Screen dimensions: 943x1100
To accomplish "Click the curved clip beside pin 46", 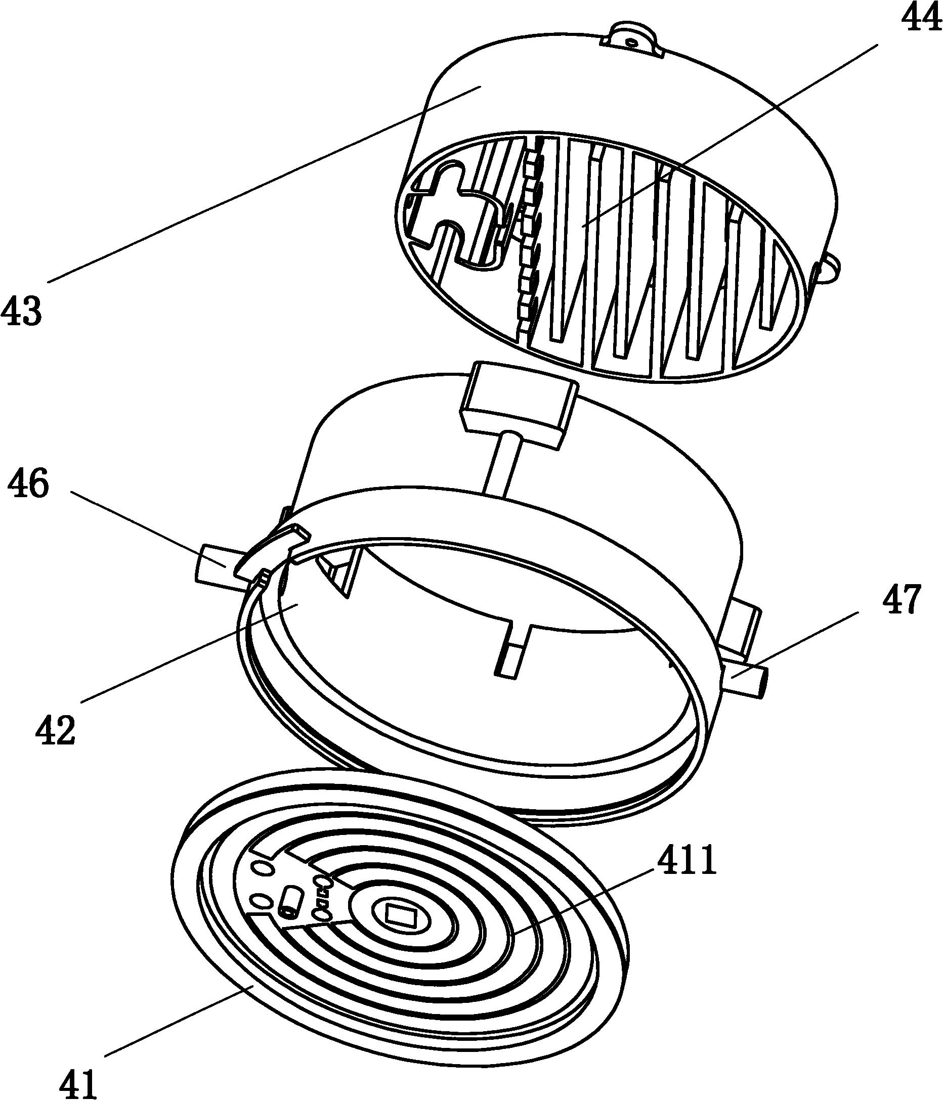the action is coord(270,552).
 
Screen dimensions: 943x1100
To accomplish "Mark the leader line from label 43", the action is coord(265,185).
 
